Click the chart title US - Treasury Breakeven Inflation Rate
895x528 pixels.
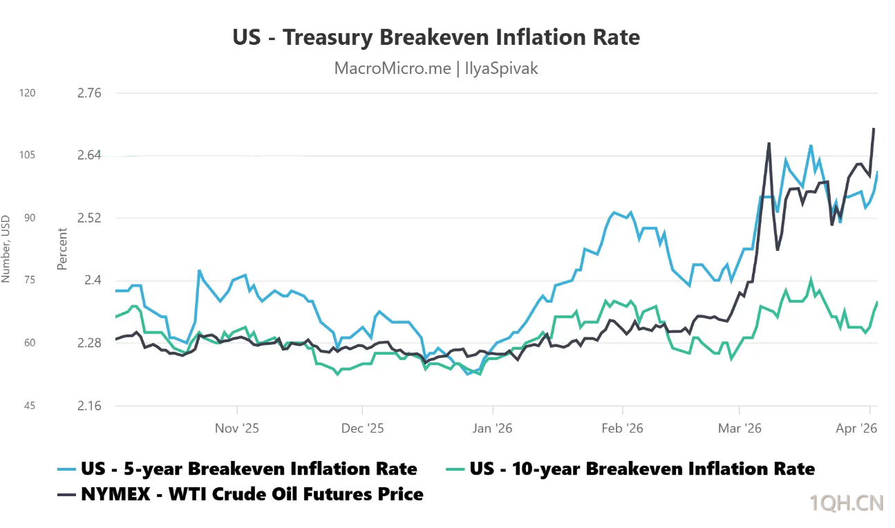[436, 37]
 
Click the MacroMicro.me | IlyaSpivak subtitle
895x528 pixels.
[436, 68]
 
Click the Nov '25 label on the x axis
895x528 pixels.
[236, 428]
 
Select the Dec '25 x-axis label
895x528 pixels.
[362, 428]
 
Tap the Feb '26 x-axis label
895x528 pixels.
[623, 428]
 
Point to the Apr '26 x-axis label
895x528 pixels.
[856, 428]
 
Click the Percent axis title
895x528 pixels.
[62, 249]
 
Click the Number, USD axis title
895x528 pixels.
[6, 249]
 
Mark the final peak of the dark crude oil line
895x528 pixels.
[874, 129]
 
